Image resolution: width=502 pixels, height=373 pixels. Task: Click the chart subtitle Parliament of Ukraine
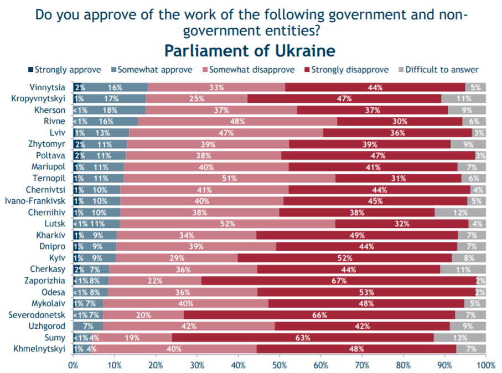coord(250,51)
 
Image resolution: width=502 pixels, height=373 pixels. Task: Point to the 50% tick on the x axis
coord(280,365)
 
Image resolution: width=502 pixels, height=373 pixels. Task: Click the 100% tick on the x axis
coord(485,365)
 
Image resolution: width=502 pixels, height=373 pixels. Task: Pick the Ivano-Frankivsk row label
coord(35,201)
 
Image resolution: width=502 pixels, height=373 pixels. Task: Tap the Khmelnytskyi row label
coord(42,349)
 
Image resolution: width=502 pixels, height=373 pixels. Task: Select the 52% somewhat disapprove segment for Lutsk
coord(227,224)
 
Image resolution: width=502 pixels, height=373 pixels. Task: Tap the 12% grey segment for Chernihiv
coord(460,213)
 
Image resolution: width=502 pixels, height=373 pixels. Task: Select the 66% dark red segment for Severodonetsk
coord(319,315)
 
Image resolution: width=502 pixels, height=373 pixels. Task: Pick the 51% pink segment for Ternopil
coord(229,178)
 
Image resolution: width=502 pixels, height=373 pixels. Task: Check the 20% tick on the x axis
coord(156,365)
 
